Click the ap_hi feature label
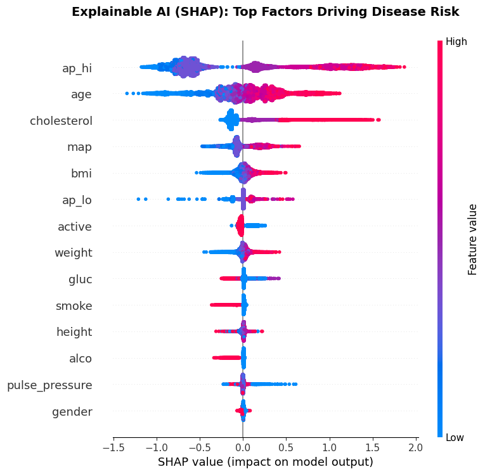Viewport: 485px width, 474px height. tap(77, 68)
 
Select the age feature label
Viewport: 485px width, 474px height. tap(81, 94)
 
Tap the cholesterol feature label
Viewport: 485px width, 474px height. tap(61, 121)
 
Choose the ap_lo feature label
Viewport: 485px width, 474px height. tap(77, 200)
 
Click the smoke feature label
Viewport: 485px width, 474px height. tap(74, 306)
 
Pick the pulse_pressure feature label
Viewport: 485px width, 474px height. tap(49, 385)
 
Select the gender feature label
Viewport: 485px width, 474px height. tap(72, 412)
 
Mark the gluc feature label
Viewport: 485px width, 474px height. tap(81, 279)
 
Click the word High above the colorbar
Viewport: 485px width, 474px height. tap(456, 42)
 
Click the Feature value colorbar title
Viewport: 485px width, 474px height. tap(472, 240)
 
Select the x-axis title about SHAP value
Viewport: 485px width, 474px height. tap(265, 462)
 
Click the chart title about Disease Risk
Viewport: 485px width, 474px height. tap(265, 12)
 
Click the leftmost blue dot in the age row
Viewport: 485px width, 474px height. tap(127, 94)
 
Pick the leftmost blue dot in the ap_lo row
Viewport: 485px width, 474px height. tap(138, 199)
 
